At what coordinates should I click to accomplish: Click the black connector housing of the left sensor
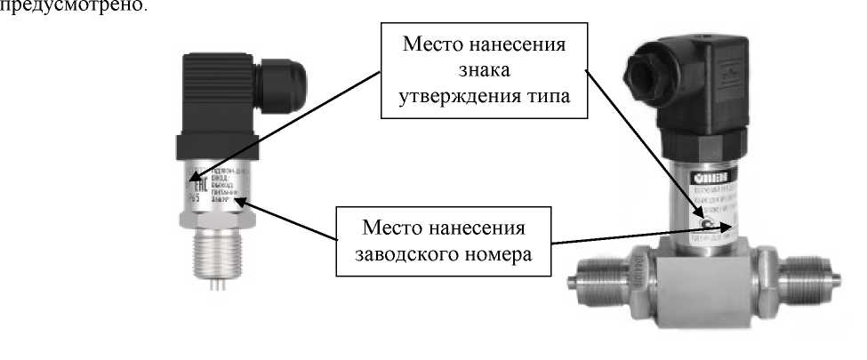(217, 98)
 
